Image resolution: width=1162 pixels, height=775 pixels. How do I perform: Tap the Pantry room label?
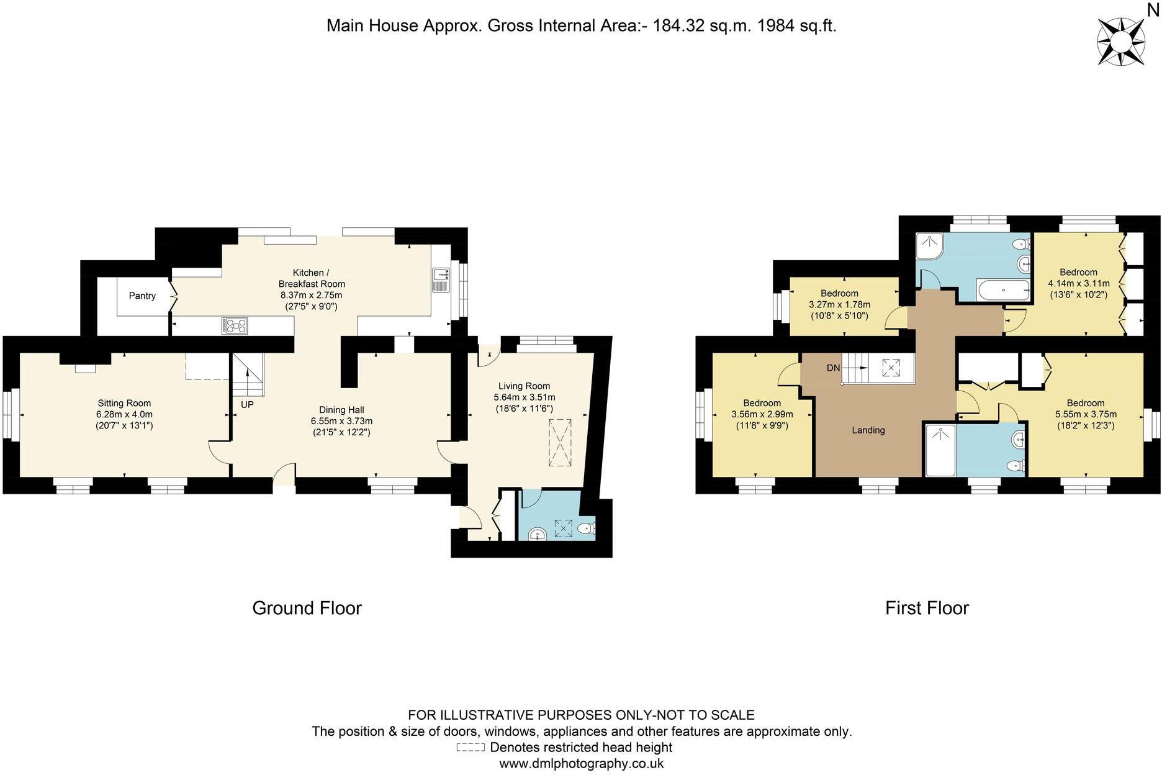142,296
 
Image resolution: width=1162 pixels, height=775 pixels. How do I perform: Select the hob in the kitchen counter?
235,325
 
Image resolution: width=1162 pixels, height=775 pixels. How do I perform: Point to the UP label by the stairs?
247,404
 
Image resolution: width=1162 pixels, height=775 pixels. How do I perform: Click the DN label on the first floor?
833,368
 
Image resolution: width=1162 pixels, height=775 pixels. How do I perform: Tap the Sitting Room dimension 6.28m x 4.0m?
124,414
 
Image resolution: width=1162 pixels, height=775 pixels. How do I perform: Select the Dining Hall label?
341,410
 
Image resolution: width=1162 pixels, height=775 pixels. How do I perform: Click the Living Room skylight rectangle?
560,442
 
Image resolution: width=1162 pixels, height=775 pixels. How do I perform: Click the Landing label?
868,430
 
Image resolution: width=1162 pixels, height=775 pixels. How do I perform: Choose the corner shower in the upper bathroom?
930,247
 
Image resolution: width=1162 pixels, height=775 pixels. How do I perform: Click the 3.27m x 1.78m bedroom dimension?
839,304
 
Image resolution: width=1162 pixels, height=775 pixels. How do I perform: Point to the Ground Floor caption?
307,608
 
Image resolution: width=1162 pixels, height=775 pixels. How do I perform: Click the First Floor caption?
927,608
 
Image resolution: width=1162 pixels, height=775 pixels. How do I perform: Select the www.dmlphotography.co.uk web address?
582,764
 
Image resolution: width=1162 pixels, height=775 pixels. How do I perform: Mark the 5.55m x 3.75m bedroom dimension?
1086,414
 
